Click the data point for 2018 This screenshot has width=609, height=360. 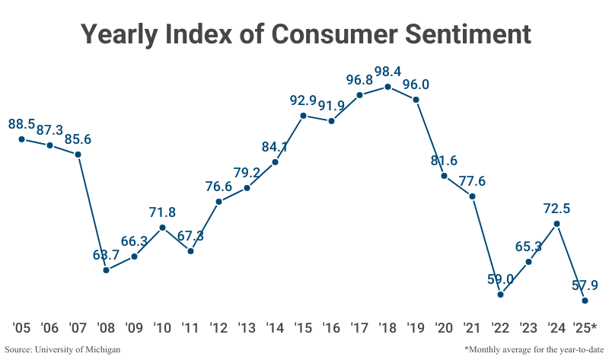click(x=388, y=87)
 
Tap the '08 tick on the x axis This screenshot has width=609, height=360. click(x=106, y=329)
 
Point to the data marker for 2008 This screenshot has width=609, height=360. click(x=106, y=270)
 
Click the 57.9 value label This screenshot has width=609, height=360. click(x=585, y=285)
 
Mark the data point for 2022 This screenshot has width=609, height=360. click(x=500, y=294)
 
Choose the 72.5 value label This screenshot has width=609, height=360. click(x=556, y=208)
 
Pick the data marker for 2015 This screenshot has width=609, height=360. click(x=303, y=116)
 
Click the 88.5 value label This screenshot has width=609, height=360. click(x=22, y=123)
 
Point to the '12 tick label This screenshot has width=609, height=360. click(x=218, y=329)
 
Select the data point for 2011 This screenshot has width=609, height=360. click(x=190, y=250)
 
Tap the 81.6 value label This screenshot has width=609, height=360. click(x=445, y=161)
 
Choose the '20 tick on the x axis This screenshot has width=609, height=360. click(x=444, y=329)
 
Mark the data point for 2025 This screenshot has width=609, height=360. click(x=585, y=301)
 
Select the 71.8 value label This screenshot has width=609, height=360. click(x=162, y=212)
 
